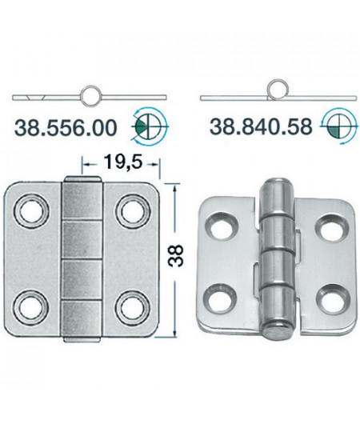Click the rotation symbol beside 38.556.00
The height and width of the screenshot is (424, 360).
(147, 125)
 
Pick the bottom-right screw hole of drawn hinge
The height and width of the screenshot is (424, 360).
(131, 306)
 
